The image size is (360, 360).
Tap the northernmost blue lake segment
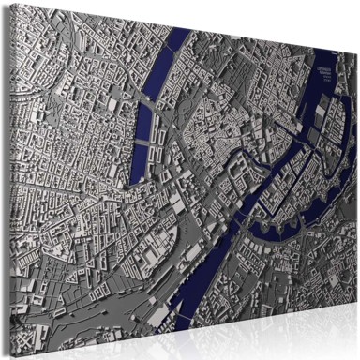pyautogui.click(x=176, y=42)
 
